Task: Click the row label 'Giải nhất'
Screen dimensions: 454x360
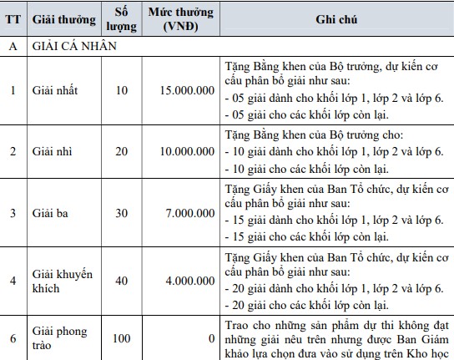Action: click(x=55, y=89)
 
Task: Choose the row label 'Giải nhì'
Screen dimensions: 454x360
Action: click(x=53, y=150)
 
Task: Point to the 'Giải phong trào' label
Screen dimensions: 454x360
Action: click(x=58, y=338)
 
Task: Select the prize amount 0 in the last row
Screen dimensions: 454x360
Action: click(x=212, y=338)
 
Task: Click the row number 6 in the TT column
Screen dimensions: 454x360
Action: click(x=13, y=338)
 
